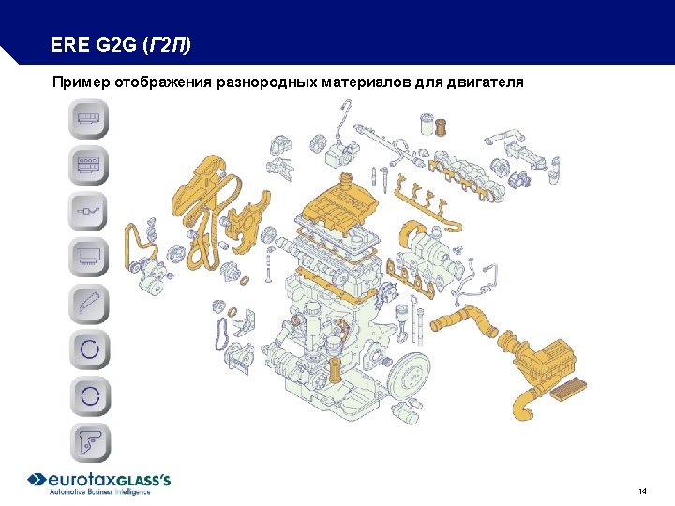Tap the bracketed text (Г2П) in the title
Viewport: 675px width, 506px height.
167,45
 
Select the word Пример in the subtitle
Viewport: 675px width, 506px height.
82,82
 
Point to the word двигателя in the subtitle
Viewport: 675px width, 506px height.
485,82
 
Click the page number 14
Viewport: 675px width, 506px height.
643,491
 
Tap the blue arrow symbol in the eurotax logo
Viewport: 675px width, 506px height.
37,480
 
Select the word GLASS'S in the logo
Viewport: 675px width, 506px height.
143,480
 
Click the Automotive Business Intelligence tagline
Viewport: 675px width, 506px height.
99,492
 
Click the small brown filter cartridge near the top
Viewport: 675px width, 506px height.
440,126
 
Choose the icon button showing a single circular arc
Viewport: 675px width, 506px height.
90,349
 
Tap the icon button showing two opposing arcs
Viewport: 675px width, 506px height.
90,395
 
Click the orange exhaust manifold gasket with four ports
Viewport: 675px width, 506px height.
412,276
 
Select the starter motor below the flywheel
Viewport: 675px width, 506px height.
405,411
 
